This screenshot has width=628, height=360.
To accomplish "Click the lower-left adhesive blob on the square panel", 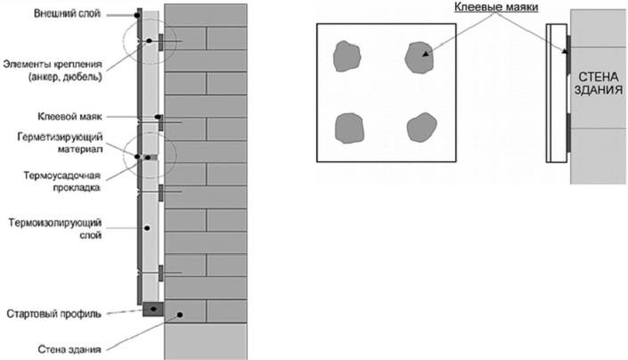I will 348,130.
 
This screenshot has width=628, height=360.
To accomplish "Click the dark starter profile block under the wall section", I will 151,309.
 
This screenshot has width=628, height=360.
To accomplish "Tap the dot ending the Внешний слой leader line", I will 139,15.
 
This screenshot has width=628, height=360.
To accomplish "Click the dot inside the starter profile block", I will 151,309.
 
